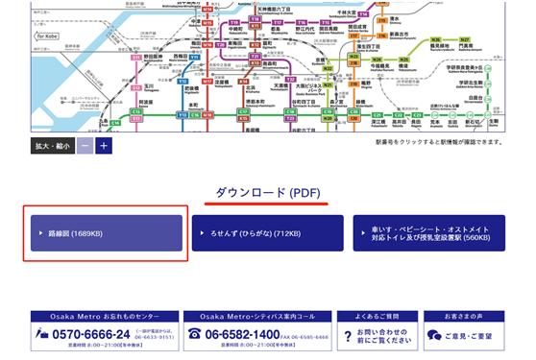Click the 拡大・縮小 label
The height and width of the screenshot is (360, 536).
coord(52,146)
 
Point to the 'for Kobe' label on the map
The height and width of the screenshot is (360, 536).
coord(45,36)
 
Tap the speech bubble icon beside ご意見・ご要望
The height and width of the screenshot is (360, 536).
coord(434,335)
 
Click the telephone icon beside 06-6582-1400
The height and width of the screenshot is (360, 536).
coord(195,334)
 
